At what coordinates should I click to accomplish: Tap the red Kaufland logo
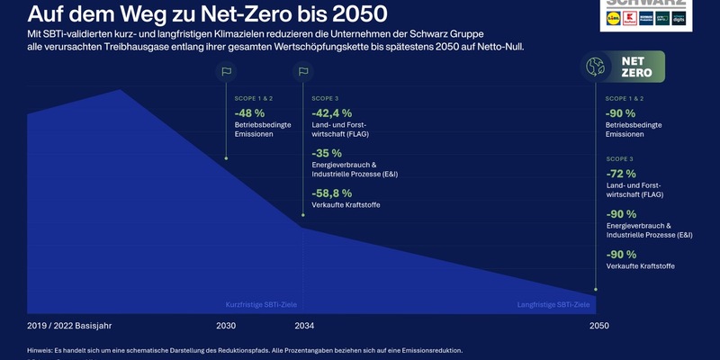pyautogui.click(x=629, y=18)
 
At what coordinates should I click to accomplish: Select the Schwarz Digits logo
pyautogui.click(x=679, y=18)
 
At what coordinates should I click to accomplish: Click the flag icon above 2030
pyautogui.click(x=226, y=72)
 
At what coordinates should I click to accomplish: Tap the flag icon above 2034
pyautogui.click(x=303, y=72)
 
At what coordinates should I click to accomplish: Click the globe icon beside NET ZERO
pyautogui.click(x=595, y=67)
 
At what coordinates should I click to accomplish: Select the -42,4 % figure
pyautogui.click(x=331, y=112)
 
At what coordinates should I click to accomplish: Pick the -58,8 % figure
pyautogui.click(x=331, y=193)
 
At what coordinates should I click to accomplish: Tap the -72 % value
pyautogui.click(x=621, y=173)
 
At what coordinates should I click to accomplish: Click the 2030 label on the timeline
pyautogui.click(x=226, y=325)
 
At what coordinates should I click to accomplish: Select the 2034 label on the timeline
pyautogui.click(x=304, y=325)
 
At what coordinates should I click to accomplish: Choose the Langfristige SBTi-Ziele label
pyautogui.click(x=553, y=305)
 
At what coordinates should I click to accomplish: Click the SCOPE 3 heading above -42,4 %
pyautogui.click(x=326, y=98)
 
